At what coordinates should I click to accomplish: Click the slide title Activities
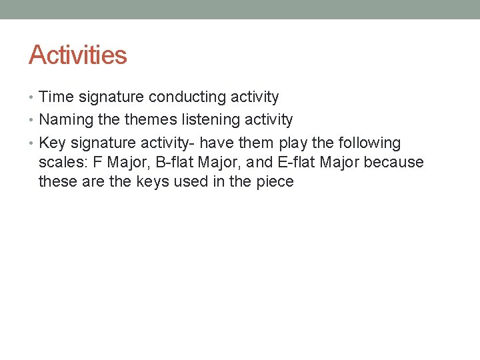77,55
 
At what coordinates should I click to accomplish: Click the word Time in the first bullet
57,97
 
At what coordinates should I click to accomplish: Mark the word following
369,143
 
